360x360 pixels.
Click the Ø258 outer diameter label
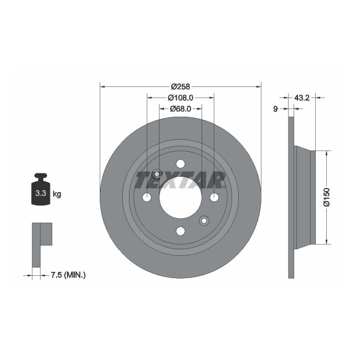tap(180, 86)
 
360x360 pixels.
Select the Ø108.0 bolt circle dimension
tap(180, 97)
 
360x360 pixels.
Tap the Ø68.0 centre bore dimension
tap(180, 109)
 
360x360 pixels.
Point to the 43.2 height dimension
tap(301, 97)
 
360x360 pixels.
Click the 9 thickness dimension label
tap(275, 109)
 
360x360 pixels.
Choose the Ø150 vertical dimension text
tap(326, 197)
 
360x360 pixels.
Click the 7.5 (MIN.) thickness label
tap(68, 274)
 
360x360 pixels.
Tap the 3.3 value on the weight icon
tap(40, 194)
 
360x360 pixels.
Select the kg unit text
tap(57, 194)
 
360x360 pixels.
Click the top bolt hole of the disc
tap(180, 163)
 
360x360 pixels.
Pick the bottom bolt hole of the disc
tap(180, 231)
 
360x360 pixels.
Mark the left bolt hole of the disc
tap(147, 197)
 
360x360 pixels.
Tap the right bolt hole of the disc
tap(214, 197)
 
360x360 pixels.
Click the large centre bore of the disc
tap(180, 197)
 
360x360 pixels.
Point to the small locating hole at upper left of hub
tap(157, 174)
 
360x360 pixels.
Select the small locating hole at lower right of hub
tap(204, 221)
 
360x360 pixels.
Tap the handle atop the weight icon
tap(40, 177)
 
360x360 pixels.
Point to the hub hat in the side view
tap(305, 197)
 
